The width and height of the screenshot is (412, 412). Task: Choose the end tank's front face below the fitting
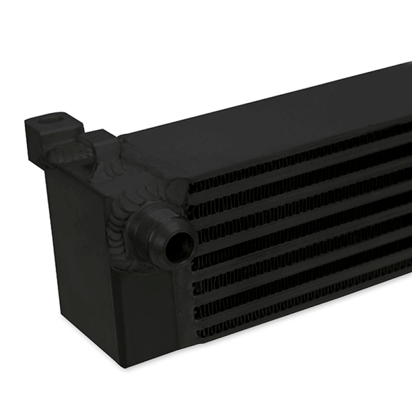pos(144,314)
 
